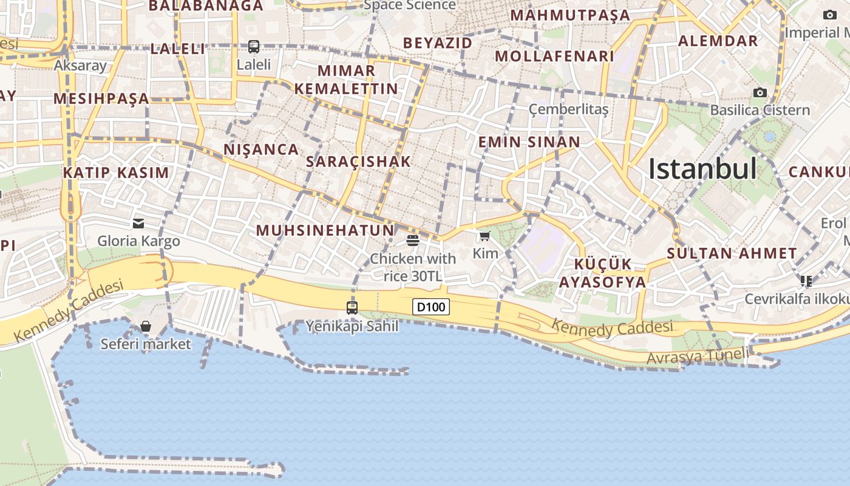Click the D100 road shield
[431, 307]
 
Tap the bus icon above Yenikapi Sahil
[352, 307]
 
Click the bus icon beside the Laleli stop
[254, 46]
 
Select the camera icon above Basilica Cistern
[760, 92]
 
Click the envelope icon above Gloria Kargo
[139, 224]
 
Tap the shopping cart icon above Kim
[484, 236]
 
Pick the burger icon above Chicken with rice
[413, 241]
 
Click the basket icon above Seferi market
[146, 326]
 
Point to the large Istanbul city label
[702, 169]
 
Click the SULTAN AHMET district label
[732, 253]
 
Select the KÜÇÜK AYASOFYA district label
[603, 273]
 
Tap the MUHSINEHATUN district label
[325, 230]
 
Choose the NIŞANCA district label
[261, 149]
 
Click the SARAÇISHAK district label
[358, 162]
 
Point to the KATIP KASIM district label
[116, 173]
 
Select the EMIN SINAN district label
[529, 142]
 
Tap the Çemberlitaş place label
[568, 109]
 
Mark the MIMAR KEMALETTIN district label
[346, 80]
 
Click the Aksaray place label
[80, 65]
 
